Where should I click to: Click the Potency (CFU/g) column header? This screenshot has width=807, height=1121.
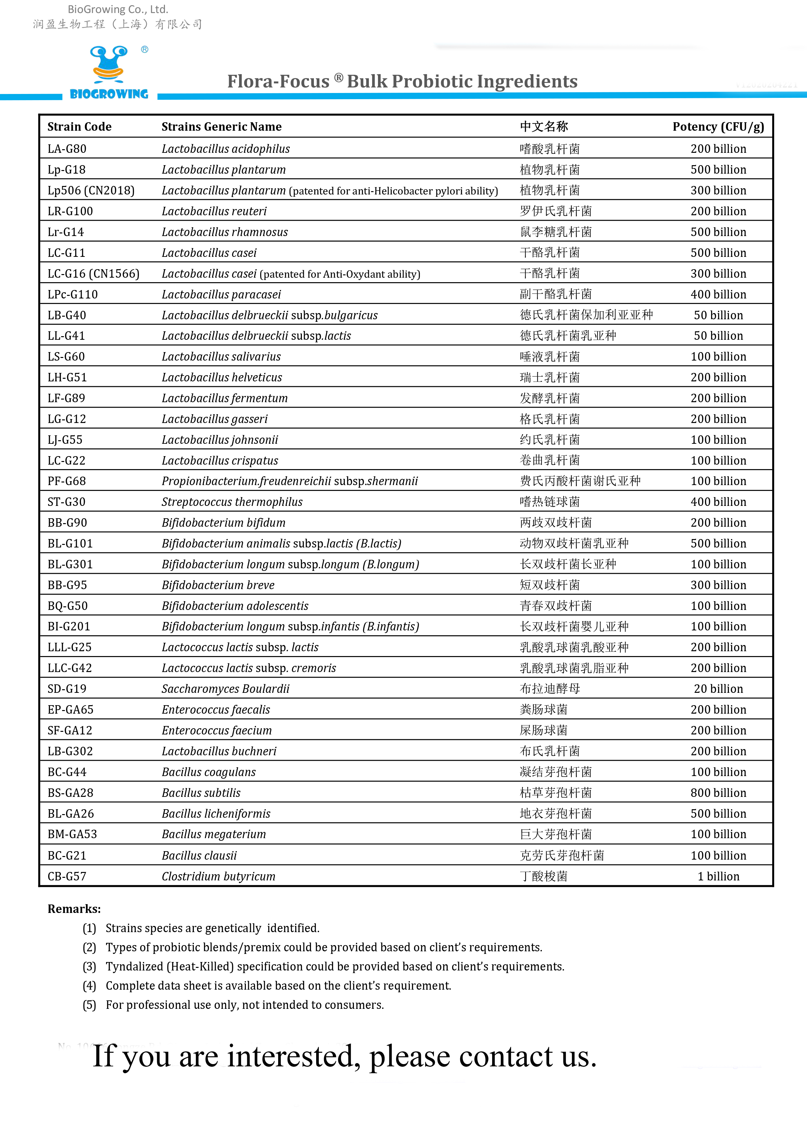tap(718, 126)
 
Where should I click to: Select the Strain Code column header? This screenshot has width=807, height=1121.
tap(79, 126)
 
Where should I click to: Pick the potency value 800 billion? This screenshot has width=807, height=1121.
tap(718, 793)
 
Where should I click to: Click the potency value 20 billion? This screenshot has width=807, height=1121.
tap(718, 689)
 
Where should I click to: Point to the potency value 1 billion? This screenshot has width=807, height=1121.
tap(718, 876)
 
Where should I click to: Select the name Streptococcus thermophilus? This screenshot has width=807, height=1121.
tap(232, 502)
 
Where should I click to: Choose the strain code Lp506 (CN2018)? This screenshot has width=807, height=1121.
tap(91, 190)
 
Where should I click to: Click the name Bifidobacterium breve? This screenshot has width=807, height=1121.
tap(218, 585)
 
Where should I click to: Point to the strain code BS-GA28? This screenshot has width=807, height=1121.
tap(70, 793)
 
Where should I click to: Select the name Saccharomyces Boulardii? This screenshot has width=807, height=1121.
tap(225, 689)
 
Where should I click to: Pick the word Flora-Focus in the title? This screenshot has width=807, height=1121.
tap(278, 81)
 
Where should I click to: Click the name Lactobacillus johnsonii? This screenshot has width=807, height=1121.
tap(220, 440)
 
